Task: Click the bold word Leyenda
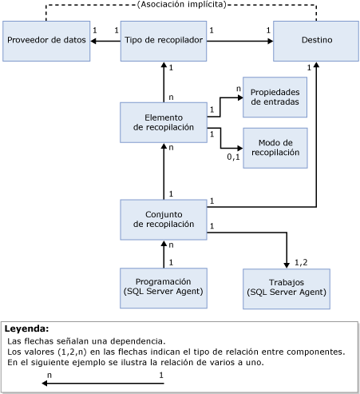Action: coord(26,328)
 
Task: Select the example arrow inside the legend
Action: coord(104,384)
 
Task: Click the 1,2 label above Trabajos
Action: coord(301,262)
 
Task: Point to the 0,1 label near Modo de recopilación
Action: coord(233,157)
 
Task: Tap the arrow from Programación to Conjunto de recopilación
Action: coord(164,254)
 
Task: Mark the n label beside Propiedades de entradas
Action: coord(238,89)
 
